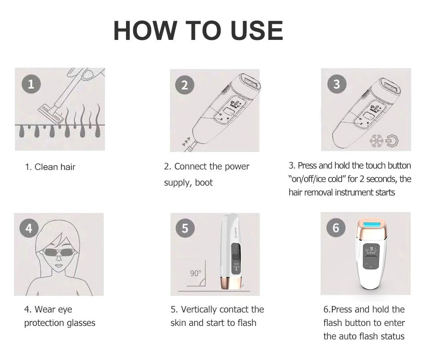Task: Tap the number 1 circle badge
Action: tap(31, 84)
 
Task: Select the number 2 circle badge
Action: tap(185, 85)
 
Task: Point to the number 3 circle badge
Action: tap(337, 84)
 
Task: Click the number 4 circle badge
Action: tap(29, 228)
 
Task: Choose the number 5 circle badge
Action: tap(185, 228)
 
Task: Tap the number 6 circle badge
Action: tap(336, 228)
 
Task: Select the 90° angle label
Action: tap(195, 273)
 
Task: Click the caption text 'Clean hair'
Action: tap(55, 167)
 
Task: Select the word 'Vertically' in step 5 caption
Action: tap(200, 310)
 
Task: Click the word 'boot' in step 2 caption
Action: tap(204, 183)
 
